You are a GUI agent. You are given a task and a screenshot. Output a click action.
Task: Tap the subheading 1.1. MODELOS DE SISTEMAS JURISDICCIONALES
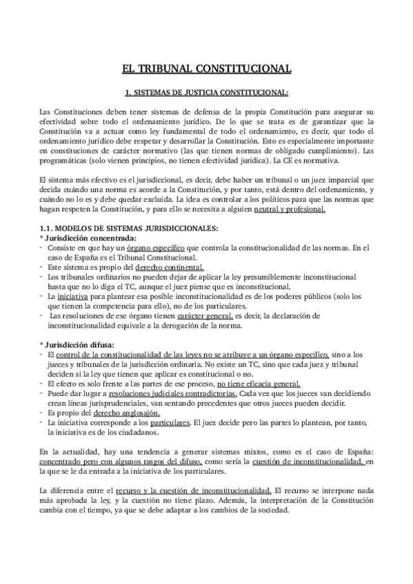[x=129, y=228]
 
